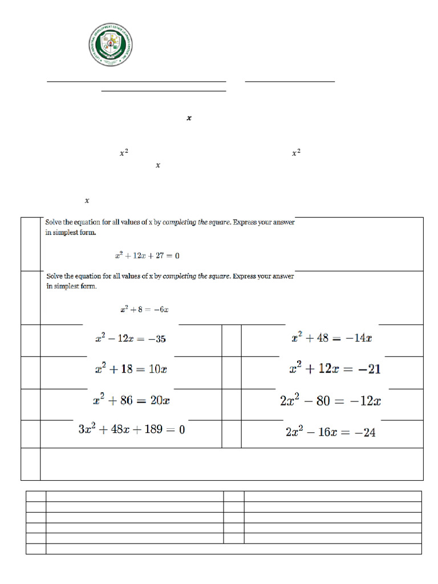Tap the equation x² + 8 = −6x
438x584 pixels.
144,310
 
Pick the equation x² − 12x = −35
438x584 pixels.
131,339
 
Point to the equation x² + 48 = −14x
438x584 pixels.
331,338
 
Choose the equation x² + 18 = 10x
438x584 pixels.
131,370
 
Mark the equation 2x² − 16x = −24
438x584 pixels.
330,432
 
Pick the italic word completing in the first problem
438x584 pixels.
180,223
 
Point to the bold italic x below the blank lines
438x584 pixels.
189,118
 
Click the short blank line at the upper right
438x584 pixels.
290,82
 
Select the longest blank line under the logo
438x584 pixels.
136,82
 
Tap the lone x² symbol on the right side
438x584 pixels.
296,153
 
